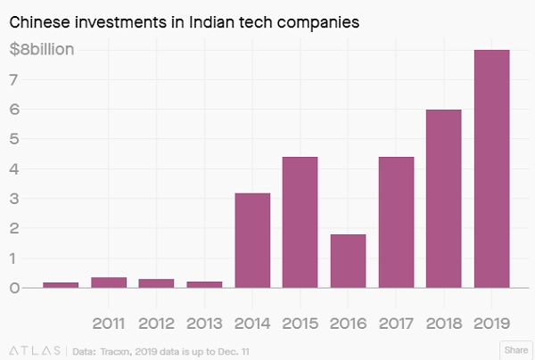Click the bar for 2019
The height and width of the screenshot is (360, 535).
pyautogui.click(x=492, y=168)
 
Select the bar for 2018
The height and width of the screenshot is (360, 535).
pyautogui.click(x=444, y=199)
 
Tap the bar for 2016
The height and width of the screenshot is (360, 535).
pyautogui.click(x=349, y=260)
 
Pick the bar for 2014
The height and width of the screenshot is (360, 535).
pyautogui.click(x=252, y=240)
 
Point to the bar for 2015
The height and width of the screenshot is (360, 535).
pyautogui.click(x=300, y=222)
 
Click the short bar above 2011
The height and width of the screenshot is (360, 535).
pyautogui.click(x=109, y=282)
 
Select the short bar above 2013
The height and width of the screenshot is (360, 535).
pyautogui.click(x=204, y=284)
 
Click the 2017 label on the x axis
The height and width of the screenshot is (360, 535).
pyautogui.click(x=397, y=322)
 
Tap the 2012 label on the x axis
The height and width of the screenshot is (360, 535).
pyautogui.click(x=157, y=322)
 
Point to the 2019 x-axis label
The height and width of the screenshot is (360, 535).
pyautogui.click(x=492, y=322)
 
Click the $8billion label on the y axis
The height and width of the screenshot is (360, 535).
pyautogui.click(x=42, y=50)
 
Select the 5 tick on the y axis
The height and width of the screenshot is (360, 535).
pyautogui.click(x=14, y=139)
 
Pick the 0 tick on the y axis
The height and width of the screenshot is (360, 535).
pyautogui.click(x=14, y=288)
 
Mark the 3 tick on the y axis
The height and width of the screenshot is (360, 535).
pyautogui.click(x=14, y=199)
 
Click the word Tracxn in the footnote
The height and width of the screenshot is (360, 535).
pyautogui.click(x=116, y=350)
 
